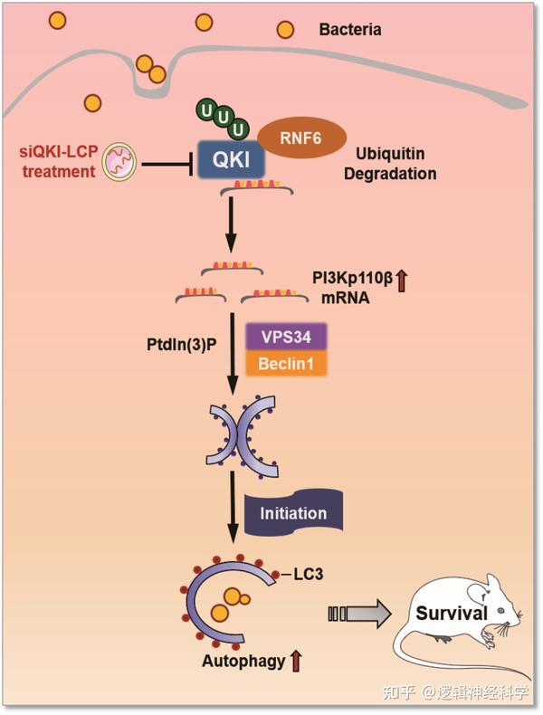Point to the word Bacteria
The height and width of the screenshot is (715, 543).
(x=350, y=30)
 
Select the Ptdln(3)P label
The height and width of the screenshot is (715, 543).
(x=186, y=344)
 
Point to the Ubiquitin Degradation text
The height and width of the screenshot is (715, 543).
(x=396, y=163)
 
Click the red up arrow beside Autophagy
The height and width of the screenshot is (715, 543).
(x=295, y=663)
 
